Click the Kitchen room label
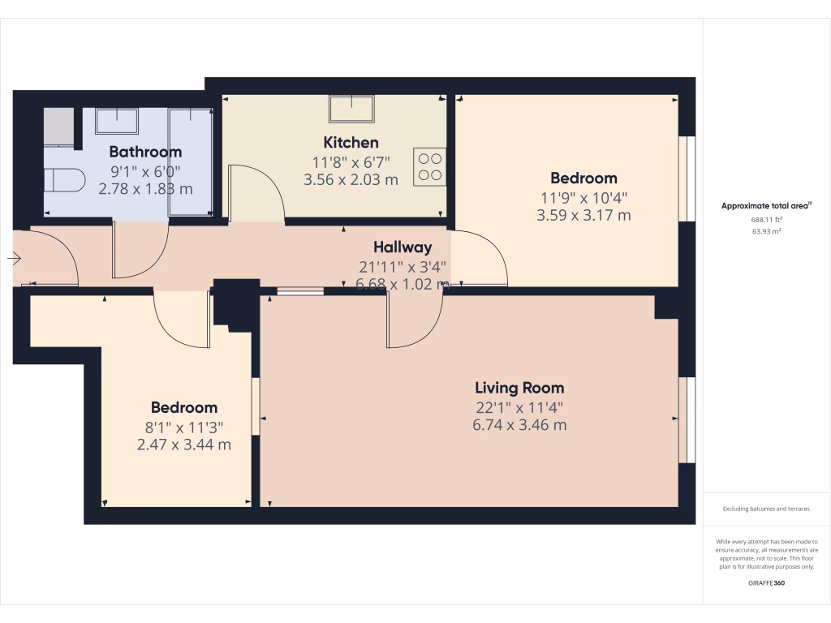click(x=351, y=143)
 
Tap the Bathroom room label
click(x=145, y=152)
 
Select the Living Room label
click(x=519, y=388)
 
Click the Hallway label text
click(x=403, y=247)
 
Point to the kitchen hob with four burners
click(x=429, y=166)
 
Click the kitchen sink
click(x=351, y=108)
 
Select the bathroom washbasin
click(x=117, y=121)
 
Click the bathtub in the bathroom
click(x=190, y=161)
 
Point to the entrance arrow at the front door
click(x=15, y=259)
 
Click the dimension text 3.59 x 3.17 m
click(x=583, y=216)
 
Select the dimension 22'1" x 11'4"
click(x=519, y=408)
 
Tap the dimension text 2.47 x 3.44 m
click(x=183, y=445)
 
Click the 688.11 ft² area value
click(x=766, y=220)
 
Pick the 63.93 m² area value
click(x=766, y=231)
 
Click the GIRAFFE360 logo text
click(x=766, y=583)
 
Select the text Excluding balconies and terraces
click(x=766, y=509)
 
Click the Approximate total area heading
click(x=766, y=206)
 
